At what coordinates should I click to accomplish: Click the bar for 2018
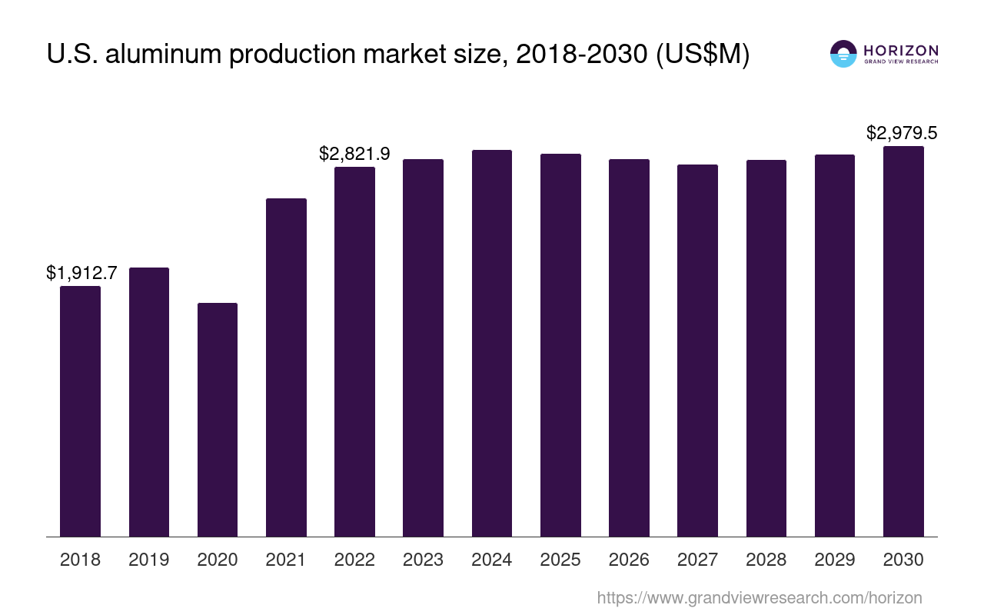pos(80,411)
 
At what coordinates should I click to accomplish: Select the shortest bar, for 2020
pos(218,420)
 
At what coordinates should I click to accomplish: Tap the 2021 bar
pos(286,367)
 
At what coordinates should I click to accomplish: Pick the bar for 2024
pos(492,343)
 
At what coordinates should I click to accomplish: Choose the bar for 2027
pos(697,351)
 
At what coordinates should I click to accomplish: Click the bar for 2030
pos(903,341)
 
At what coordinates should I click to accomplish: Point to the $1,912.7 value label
pos(81,273)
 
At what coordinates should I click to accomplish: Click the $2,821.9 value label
pos(354,154)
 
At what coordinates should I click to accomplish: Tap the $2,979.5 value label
pos(902,133)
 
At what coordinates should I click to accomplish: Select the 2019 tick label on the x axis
pos(149,560)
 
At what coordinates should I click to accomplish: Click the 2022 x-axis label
pos(354,560)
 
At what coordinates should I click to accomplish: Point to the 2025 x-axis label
pos(560,560)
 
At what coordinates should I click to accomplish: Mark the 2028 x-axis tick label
pos(766,560)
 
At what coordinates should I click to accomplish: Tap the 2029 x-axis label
pos(835,560)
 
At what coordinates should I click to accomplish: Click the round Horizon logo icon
pos(843,54)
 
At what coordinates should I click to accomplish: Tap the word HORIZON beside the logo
pos(901,51)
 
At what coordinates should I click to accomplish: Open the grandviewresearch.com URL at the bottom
pos(760,597)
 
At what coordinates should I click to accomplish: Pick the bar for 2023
pos(423,347)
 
